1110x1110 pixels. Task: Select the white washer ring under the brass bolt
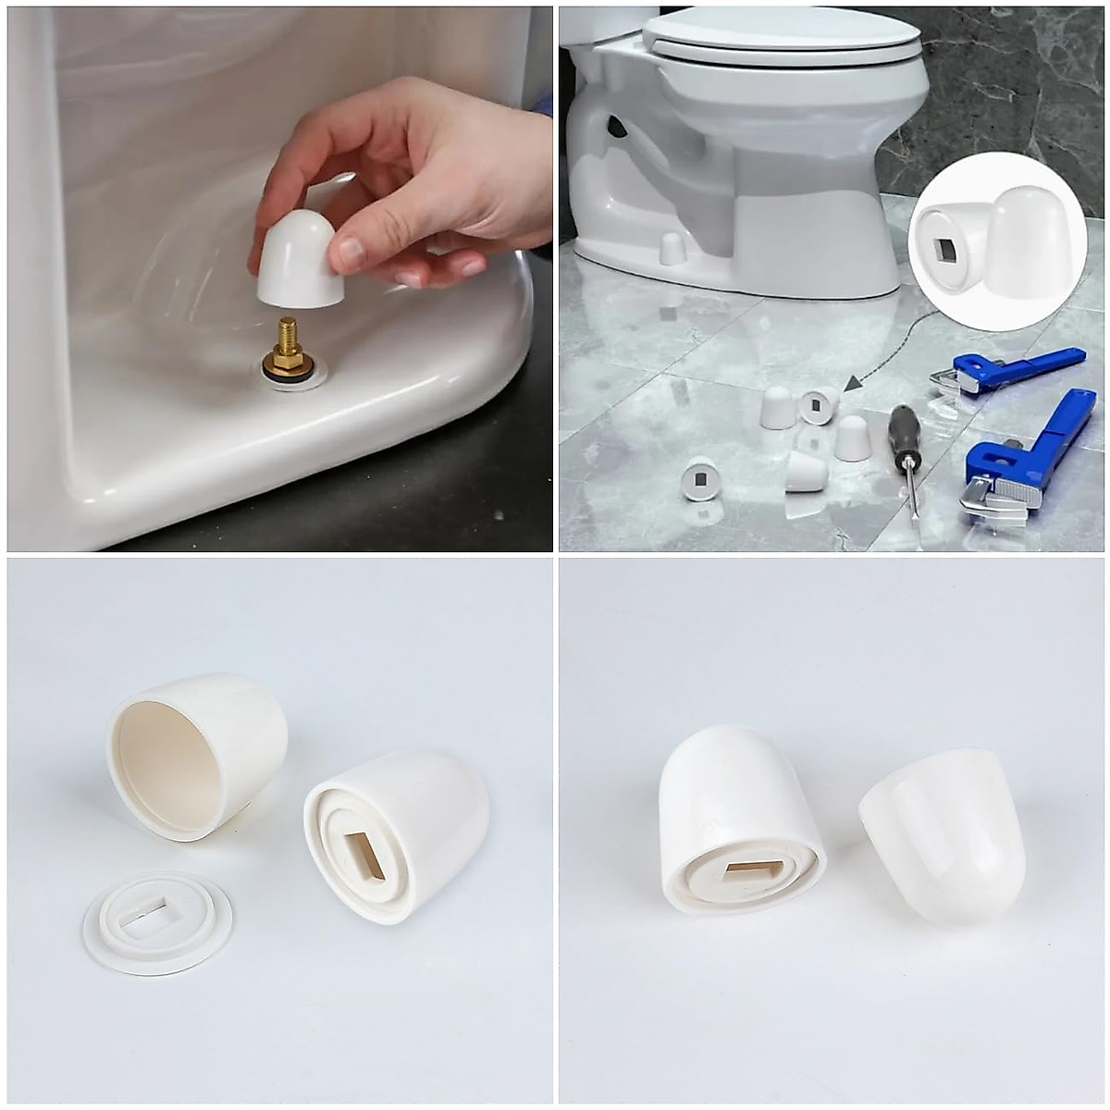[294, 375]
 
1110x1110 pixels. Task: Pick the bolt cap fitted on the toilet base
[672, 248]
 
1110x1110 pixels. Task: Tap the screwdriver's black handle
[905, 429]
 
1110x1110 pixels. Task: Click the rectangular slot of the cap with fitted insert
[364, 855]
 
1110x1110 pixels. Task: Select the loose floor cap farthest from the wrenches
[700, 479]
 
